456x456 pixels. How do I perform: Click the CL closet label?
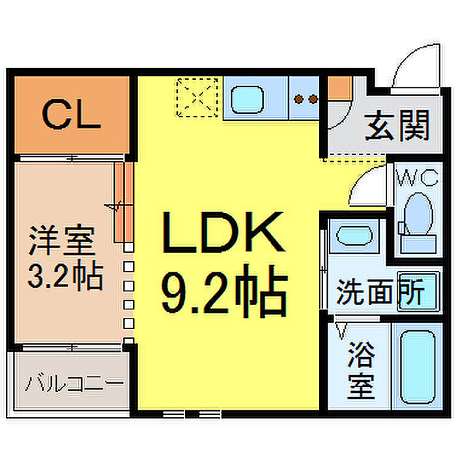tap(72, 114)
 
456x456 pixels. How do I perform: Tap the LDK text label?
tap(223, 232)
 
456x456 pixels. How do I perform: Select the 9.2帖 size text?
tap(224, 291)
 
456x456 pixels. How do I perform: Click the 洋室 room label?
tap(62, 240)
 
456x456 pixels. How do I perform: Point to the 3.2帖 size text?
tap(65, 275)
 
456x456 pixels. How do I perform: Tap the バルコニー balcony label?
tap(74, 384)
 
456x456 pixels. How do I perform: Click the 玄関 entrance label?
tap(397, 126)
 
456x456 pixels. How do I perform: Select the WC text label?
tap(417, 178)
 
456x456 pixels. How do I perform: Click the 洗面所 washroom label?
tap(380, 292)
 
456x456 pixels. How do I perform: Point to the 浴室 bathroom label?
tap(361, 370)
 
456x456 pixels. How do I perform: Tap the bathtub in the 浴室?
tap(418, 367)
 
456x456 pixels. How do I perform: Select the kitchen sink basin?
tap(247, 100)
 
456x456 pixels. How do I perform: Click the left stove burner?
tap(298, 99)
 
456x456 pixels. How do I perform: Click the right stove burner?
tap(313, 99)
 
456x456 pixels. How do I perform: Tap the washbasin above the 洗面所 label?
tap(354, 235)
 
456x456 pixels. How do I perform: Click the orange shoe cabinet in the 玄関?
tap(339, 88)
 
